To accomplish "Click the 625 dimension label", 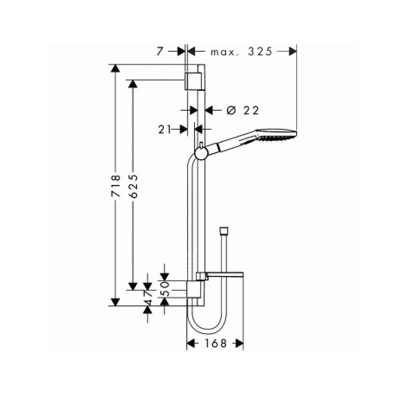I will coord(133,186).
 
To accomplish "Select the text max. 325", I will coord(241,51).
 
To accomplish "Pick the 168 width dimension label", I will coord(215,343).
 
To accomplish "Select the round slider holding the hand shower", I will coord(200,153).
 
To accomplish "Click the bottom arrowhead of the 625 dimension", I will coord(133,285).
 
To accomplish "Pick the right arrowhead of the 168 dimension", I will coord(239,343).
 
